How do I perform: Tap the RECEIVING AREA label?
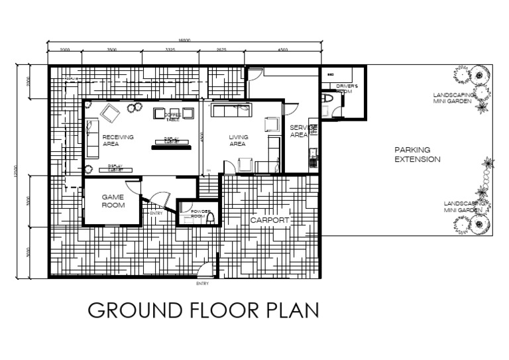click(118, 140)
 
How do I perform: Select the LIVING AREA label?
click(238, 140)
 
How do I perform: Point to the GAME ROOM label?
click(113, 201)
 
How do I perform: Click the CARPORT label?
click(268, 218)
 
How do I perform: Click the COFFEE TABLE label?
click(172, 117)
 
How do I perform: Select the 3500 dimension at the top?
click(112, 50)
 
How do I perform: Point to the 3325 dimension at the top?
click(170, 50)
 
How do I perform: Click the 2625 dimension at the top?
click(222, 50)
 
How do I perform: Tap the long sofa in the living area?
click(231, 110)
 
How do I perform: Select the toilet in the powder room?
click(210, 217)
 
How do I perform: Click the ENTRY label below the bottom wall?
click(202, 284)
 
